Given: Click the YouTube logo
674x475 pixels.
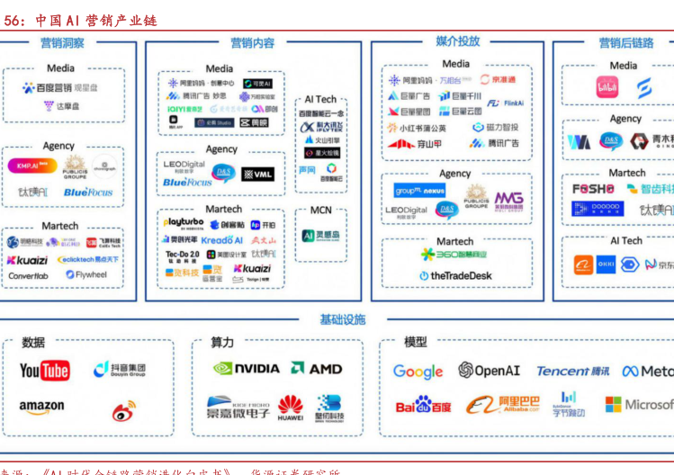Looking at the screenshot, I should [x=44, y=371].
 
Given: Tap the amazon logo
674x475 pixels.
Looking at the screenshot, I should [x=41, y=408].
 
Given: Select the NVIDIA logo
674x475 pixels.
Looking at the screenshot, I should [x=247, y=368].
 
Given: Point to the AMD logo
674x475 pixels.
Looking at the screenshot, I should [x=317, y=368].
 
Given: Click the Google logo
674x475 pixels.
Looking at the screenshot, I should [x=418, y=372].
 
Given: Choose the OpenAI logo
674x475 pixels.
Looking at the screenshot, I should [x=489, y=371].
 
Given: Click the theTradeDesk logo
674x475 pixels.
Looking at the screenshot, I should [x=455, y=275].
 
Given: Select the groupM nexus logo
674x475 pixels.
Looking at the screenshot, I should [x=419, y=191].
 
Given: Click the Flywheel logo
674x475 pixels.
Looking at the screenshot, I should [x=86, y=275].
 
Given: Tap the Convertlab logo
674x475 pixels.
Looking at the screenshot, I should [x=28, y=275].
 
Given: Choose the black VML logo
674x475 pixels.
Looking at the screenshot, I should [x=258, y=174].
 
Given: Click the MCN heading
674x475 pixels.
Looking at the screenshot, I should [x=320, y=211].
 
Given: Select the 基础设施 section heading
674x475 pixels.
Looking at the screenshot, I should [x=342, y=319].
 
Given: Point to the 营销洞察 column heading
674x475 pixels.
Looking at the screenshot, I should [x=62, y=42].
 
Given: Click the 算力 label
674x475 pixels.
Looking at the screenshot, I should [x=222, y=343].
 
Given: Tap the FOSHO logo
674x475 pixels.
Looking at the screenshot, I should [x=593, y=189].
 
